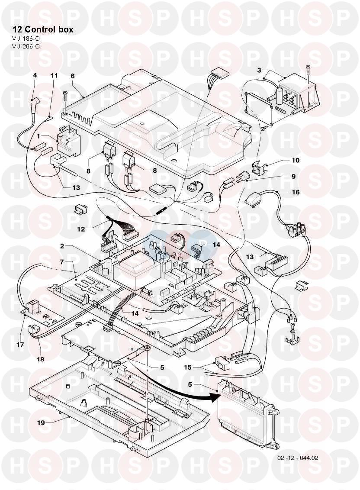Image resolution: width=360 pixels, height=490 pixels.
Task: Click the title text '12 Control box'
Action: coord(43,29)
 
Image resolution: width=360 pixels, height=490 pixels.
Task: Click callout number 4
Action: coord(35,75)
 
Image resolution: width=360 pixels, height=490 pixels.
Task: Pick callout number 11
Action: coord(54,75)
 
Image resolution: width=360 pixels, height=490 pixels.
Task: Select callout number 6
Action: coord(72,75)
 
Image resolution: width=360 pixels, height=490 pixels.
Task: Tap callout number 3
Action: coord(258,70)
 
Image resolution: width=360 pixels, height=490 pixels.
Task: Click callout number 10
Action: coord(296,160)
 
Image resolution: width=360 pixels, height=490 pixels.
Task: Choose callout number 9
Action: coord(293,176)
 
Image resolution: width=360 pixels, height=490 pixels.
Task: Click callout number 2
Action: coord(62,246)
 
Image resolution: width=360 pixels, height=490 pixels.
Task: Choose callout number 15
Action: coord(187,368)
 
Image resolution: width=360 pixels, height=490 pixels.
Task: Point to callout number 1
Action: coord(39,136)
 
